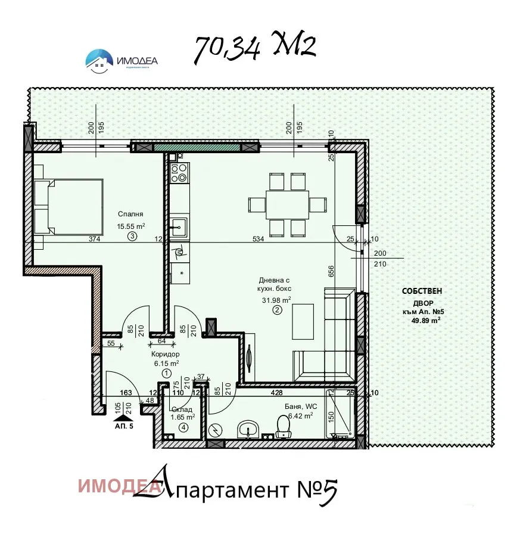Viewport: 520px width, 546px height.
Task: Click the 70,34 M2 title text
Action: (x=254, y=48)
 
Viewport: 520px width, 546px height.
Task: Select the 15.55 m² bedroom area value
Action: (x=131, y=226)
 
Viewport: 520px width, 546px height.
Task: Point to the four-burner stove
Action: (x=179, y=172)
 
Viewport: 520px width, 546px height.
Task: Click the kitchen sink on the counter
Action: (x=179, y=227)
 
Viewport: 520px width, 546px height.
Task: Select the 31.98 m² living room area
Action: (x=275, y=300)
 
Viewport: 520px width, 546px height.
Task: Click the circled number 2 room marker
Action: (x=277, y=310)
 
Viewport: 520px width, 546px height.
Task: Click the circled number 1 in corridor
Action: (x=166, y=373)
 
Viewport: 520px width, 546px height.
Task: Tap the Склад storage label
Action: (x=182, y=409)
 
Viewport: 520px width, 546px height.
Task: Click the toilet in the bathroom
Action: (x=284, y=427)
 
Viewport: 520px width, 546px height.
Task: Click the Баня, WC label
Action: (x=301, y=407)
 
